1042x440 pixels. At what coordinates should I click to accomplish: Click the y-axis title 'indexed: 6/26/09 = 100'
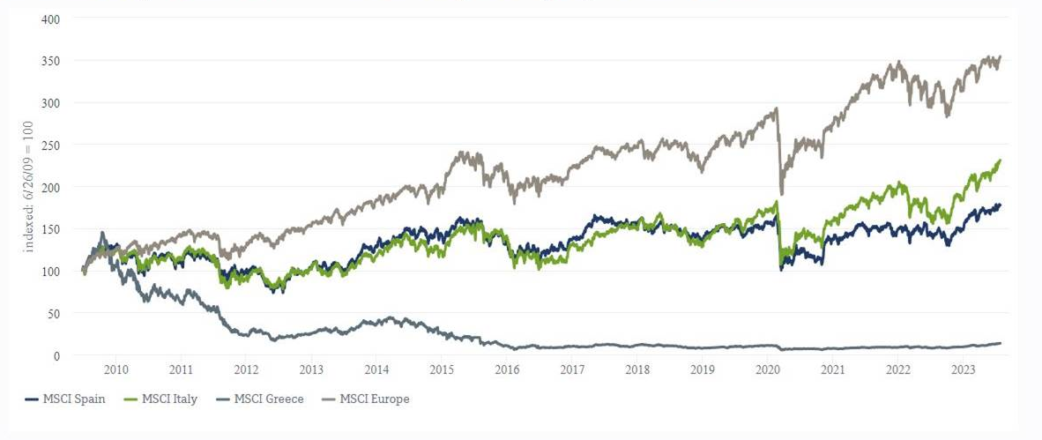28,187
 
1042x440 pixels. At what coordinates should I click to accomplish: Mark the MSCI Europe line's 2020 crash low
781,193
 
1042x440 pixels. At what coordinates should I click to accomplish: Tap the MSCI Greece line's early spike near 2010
102,233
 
